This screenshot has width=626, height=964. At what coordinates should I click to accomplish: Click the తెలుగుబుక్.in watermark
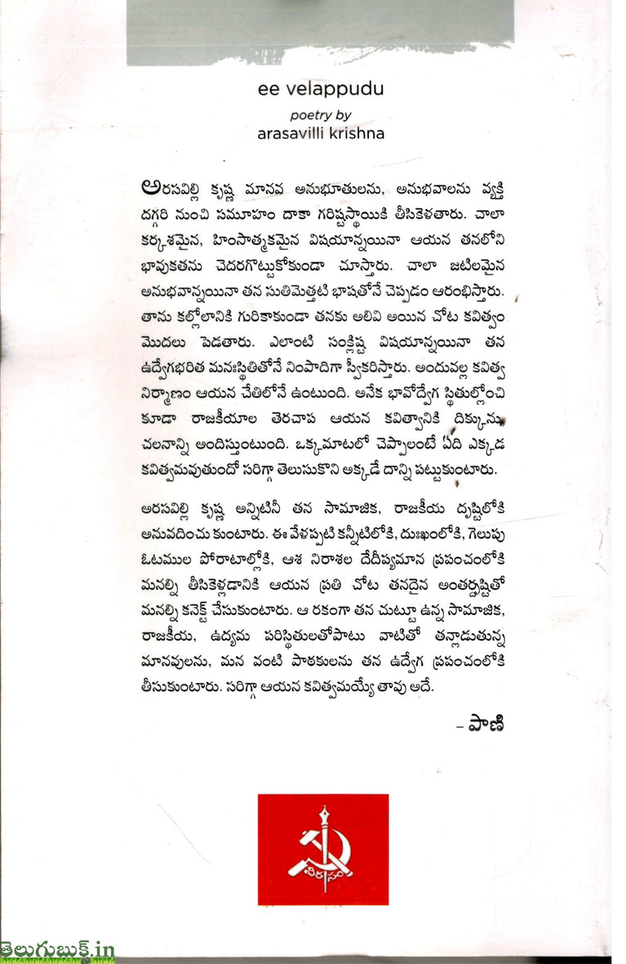click(x=57, y=950)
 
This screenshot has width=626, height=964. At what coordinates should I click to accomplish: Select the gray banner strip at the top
click(x=321, y=33)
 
